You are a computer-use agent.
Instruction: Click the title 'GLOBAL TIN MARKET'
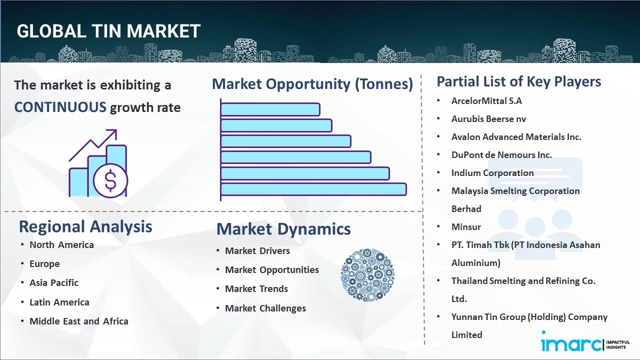[108, 31]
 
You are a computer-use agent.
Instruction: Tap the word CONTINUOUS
[60, 107]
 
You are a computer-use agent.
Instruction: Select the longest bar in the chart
[313, 189]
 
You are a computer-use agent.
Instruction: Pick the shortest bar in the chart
[270, 109]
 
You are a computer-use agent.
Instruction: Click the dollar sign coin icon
[110, 181]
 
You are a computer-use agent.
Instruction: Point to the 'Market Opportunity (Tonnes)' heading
[312, 84]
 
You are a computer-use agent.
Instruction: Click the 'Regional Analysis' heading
[85, 226]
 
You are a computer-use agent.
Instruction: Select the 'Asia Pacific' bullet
[54, 283]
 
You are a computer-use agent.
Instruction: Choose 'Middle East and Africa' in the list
[79, 321]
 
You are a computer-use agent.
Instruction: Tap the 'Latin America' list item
[59, 302]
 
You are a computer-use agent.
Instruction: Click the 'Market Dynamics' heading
[283, 229]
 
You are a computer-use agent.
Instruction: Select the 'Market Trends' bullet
[256, 289]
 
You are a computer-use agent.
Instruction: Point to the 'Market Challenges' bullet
[265, 308]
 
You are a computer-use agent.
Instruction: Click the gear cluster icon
[367, 275]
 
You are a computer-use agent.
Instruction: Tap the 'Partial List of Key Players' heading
[519, 81]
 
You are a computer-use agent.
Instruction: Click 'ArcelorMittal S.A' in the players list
[486, 101]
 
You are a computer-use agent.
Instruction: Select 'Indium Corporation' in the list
[492, 173]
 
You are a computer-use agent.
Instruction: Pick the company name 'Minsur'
[466, 227]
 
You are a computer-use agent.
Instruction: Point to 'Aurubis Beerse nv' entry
[488, 119]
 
